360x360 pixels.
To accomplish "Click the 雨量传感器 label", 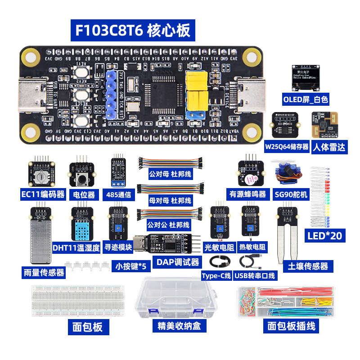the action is pos(43,272).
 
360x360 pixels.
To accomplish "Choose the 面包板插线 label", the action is pos(291,326).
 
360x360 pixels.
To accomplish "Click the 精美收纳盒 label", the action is pos(179,325).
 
